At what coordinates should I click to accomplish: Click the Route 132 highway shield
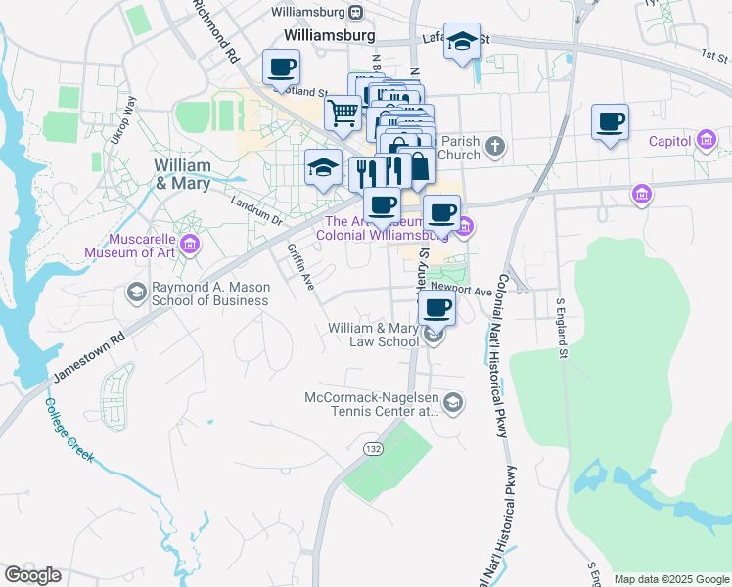pyautogui.click(x=372, y=448)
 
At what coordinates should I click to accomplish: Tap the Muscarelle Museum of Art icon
pyautogui.click(x=191, y=244)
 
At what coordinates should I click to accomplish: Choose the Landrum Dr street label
pyautogui.click(x=255, y=207)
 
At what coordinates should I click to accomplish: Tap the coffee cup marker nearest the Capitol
pyautogui.click(x=610, y=122)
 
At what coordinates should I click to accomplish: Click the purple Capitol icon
pyautogui.click(x=706, y=141)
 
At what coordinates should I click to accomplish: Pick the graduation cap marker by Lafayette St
pyautogui.click(x=462, y=42)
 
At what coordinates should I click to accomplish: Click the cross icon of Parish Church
pyautogui.click(x=496, y=147)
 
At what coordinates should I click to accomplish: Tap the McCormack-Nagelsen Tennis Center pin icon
pyautogui.click(x=453, y=402)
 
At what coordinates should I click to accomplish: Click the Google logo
pyautogui.click(x=32, y=575)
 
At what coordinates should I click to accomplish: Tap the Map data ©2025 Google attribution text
pyautogui.click(x=670, y=579)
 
